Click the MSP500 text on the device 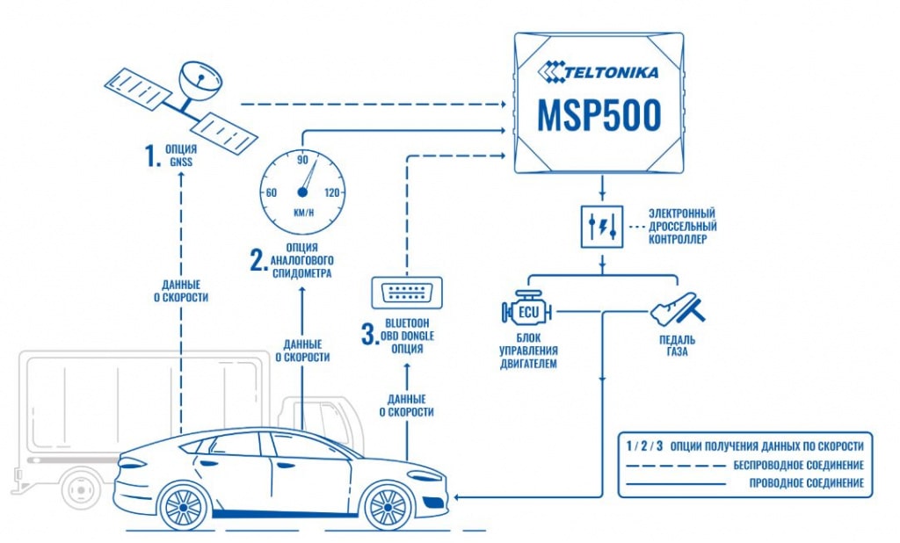pos(601,116)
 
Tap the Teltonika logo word pos(610,69)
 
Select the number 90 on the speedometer pos(303,160)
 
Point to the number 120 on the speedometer pos(332,192)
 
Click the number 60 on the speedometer pos(272,192)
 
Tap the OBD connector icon pos(407,293)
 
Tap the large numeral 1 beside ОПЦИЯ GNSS pos(149,156)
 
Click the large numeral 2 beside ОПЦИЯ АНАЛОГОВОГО pos(257,260)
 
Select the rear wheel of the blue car pos(182,506)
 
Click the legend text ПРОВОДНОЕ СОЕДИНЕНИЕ pos(806,483)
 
